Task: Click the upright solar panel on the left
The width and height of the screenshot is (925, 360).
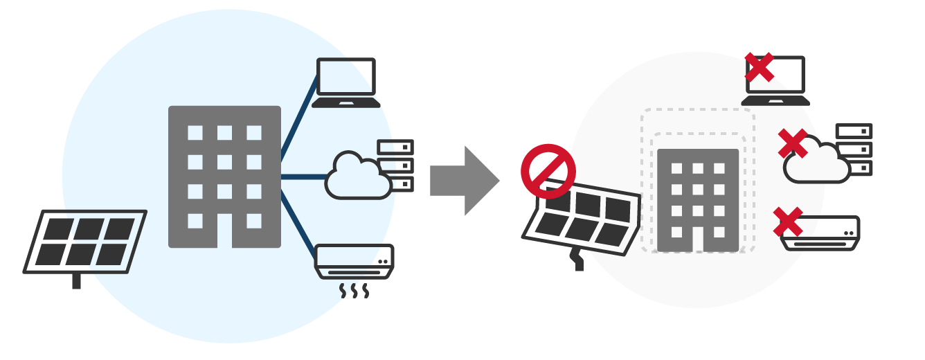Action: (x=85, y=242)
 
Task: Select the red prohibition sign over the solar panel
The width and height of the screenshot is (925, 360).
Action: (x=548, y=171)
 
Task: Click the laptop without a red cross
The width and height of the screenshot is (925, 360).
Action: (x=346, y=82)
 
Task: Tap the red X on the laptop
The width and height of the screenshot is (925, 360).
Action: (x=760, y=67)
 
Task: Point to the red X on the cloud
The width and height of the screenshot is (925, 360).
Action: (x=793, y=143)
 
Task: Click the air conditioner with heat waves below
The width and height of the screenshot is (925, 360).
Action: (x=354, y=261)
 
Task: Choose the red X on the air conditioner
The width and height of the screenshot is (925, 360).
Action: (x=788, y=222)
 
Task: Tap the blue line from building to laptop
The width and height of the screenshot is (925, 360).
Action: (x=299, y=114)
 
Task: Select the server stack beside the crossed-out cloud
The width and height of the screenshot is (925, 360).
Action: (x=854, y=150)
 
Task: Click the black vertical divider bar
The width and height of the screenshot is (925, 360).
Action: (x=462, y=180)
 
